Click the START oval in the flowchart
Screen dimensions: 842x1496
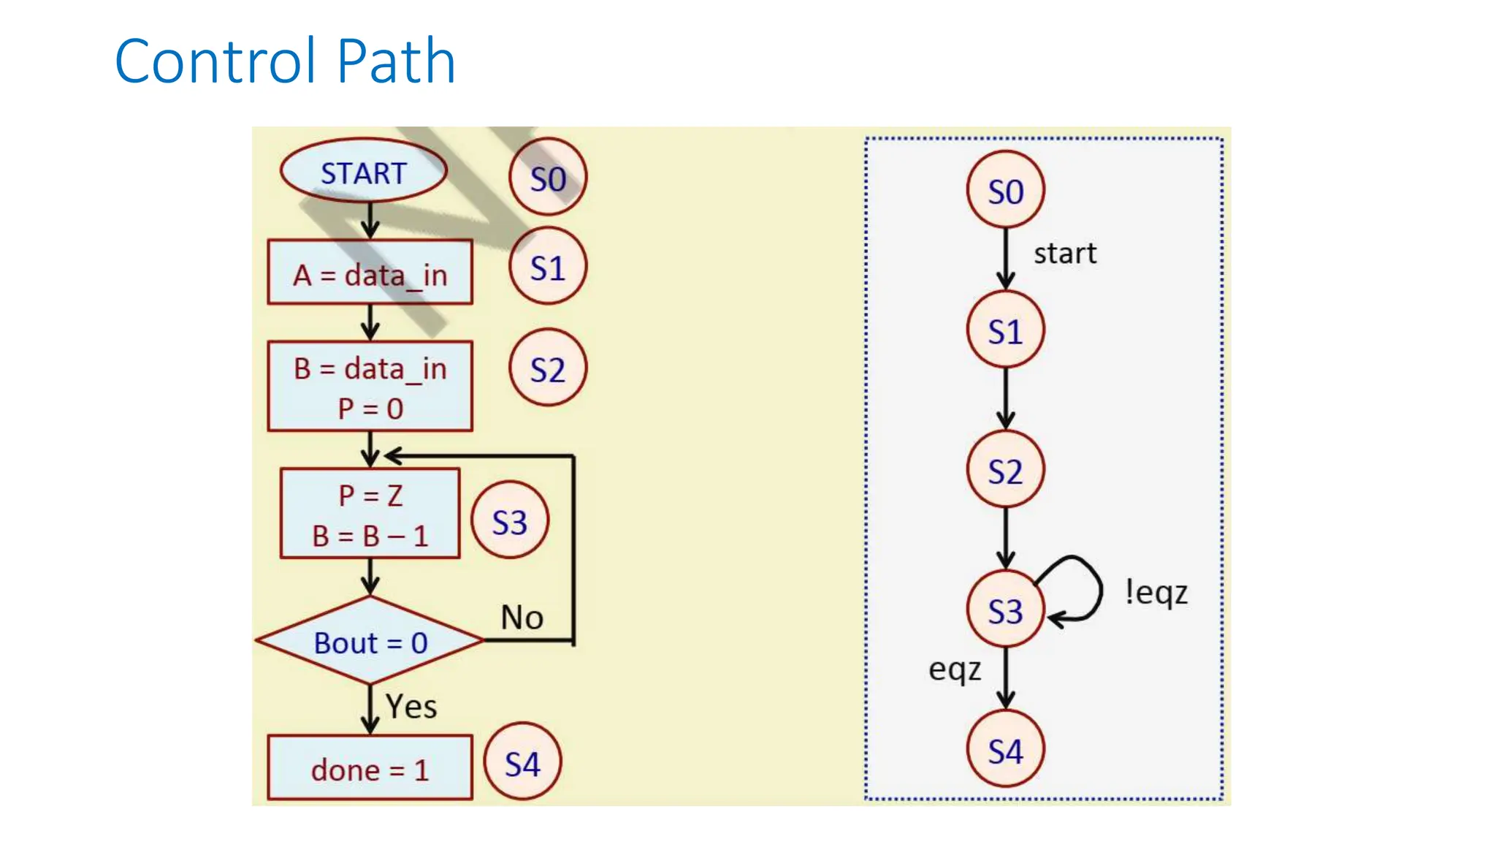coord(363,172)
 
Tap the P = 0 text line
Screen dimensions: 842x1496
coord(370,409)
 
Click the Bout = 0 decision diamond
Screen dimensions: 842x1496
coord(370,642)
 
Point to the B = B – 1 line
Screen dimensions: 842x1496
coord(370,536)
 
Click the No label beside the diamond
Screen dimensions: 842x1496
coord(522,618)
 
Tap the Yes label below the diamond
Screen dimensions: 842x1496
coord(411,706)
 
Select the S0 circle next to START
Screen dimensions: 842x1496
coord(548,178)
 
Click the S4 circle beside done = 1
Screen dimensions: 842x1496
coord(522,764)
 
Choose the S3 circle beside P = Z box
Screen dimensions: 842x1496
coord(509,521)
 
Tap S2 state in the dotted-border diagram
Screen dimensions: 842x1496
coord(1005,470)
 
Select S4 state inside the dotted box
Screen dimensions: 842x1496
coord(1005,750)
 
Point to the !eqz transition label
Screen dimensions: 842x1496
coord(1156,592)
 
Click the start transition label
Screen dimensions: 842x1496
coord(1064,254)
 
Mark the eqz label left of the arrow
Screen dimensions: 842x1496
coord(954,670)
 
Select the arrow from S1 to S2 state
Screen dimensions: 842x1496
coord(1005,398)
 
